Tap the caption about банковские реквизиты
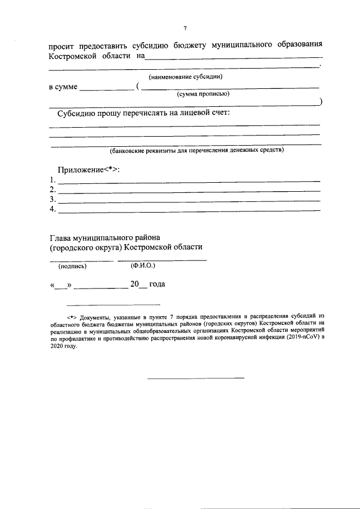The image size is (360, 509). pos(197,150)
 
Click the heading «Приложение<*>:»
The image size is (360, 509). pos(89,170)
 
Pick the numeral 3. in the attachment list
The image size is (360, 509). pos(52,200)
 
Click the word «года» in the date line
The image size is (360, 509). pos(157,285)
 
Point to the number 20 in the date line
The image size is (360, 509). pos(134,285)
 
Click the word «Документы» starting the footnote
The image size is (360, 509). pos(94,317)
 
